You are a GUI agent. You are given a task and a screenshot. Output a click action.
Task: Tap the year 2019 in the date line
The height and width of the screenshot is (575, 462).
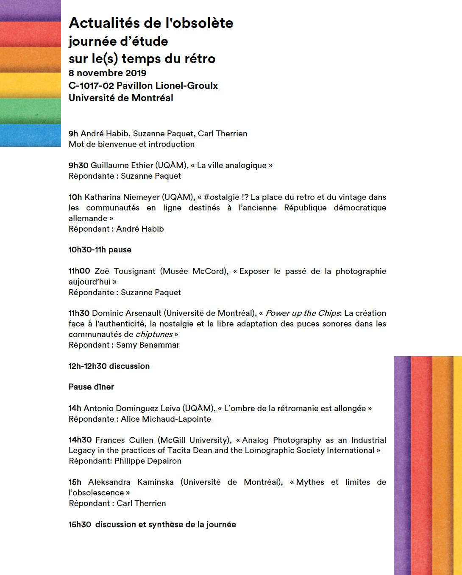coord(136,73)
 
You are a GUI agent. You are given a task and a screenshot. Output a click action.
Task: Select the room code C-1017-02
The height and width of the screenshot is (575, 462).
coord(91,86)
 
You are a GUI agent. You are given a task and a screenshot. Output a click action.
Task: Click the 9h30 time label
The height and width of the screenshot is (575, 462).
coord(78,166)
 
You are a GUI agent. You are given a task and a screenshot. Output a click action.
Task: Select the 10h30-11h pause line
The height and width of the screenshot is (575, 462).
coord(100,250)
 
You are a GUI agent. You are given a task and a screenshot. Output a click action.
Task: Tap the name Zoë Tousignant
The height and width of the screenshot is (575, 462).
coord(125,271)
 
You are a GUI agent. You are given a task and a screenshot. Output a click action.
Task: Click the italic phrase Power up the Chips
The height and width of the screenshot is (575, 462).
coord(303,313)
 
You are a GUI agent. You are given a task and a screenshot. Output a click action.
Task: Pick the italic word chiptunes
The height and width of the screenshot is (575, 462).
coord(154,334)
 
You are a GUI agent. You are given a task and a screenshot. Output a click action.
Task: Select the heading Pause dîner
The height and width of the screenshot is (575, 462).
coord(91,387)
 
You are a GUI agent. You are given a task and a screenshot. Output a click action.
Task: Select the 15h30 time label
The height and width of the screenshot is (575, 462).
coord(80,525)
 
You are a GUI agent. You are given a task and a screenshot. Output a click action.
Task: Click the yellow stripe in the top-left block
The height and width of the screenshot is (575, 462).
coord(31,85)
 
